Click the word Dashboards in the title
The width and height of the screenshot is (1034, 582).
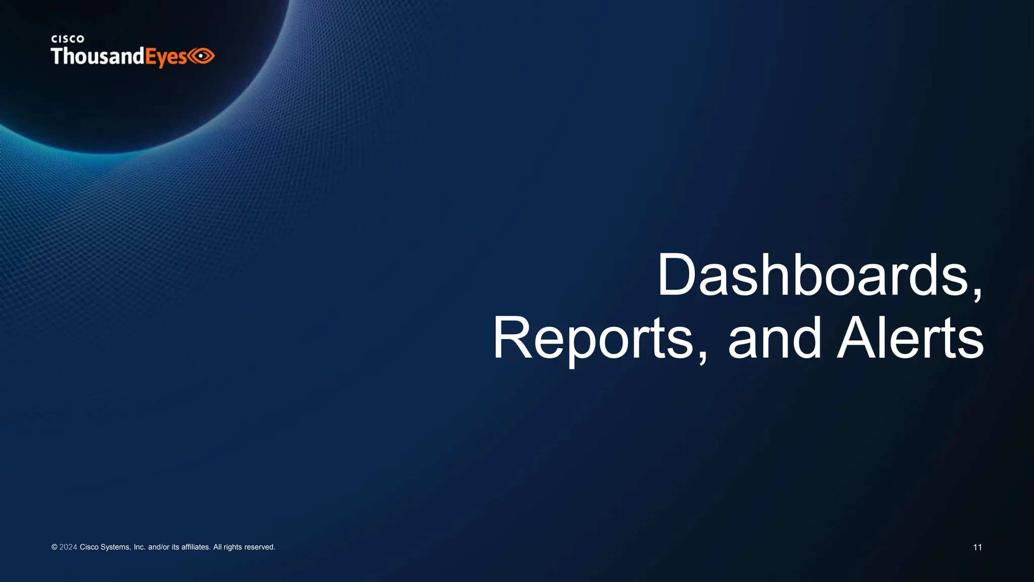click(x=813, y=275)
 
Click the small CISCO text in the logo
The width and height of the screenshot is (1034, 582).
click(x=68, y=39)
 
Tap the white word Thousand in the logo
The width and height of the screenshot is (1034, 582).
click(x=97, y=56)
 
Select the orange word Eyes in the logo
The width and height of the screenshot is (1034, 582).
click(x=166, y=57)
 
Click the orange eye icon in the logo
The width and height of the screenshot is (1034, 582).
click(x=202, y=56)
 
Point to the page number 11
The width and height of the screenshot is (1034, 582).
click(x=977, y=547)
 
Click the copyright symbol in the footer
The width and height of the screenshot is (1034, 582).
click(x=54, y=547)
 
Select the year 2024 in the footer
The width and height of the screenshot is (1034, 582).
click(x=68, y=547)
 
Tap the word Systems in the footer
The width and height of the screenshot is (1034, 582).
click(x=116, y=547)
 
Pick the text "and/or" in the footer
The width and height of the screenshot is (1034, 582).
click(x=159, y=547)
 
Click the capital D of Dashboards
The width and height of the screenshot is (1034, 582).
click(x=675, y=275)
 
